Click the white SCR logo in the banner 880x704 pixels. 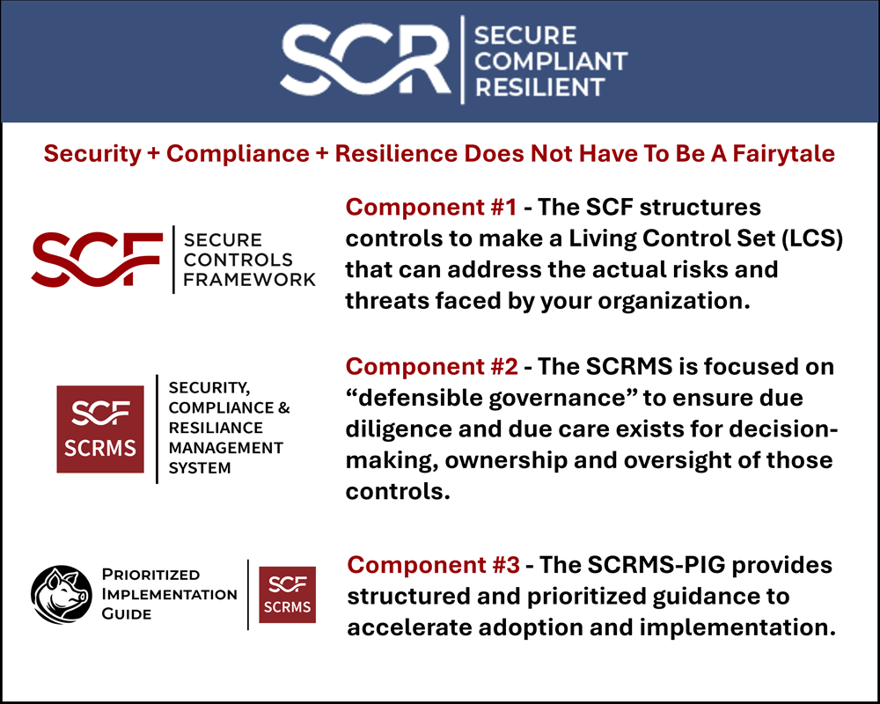(368, 61)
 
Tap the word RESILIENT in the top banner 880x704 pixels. (539, 86)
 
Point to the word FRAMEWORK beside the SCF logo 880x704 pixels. (250, 280)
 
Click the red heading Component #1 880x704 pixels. (430, 208)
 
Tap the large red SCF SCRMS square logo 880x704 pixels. (100, 429)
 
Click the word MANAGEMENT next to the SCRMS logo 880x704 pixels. (225, 448)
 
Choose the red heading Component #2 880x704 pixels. (432, 366)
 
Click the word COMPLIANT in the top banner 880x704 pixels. (550, 61)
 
